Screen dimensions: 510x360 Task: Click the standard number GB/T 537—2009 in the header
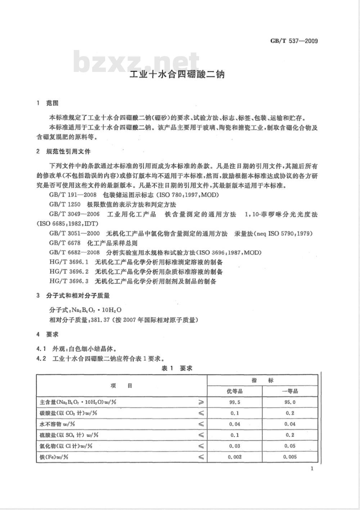294,41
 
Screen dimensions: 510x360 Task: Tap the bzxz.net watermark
137,62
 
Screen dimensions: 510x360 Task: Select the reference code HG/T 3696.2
69,272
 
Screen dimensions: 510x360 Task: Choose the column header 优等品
234,391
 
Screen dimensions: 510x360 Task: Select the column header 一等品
290,391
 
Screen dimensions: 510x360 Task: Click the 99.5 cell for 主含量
234,402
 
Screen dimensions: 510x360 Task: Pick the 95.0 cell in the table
290,402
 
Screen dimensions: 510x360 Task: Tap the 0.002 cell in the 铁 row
234,457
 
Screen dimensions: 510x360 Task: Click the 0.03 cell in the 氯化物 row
234,446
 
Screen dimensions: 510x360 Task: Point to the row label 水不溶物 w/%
58,424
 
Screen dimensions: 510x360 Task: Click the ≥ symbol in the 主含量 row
201,402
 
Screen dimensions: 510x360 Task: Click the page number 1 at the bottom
312,468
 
